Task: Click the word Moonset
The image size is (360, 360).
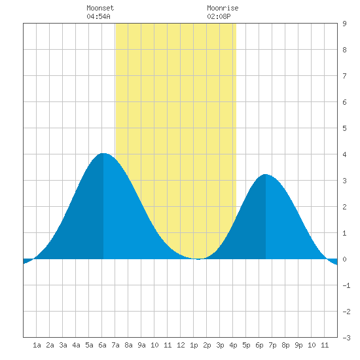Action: point(100,8)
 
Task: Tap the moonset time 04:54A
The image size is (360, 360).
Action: point(98,16)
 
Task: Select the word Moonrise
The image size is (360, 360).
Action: point(223,8)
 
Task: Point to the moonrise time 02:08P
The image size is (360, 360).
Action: point(219,16)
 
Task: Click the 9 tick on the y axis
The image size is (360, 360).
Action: point(344,24)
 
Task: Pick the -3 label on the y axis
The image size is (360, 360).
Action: point(346,338)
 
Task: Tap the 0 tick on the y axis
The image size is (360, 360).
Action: point(344,259)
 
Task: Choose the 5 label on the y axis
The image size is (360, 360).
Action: point(344,128)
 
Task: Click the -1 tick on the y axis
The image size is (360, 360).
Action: point(346,285)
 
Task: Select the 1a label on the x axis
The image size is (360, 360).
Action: point(37,345)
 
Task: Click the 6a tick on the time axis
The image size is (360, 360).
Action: point(102,345)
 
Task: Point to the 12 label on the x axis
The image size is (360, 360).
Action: point(181,345)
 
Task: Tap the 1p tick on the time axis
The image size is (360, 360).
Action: point(194,345)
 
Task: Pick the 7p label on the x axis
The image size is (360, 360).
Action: point(272,345)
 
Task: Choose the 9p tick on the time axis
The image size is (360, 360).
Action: point(298,345)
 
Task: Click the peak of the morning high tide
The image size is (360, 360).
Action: point(103,153)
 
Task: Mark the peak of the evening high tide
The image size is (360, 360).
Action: point(265,174)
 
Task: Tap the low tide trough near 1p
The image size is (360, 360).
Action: point(198,259)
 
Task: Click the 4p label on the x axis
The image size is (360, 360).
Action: point(233,345)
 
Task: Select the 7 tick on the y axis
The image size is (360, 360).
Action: point(344,76)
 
